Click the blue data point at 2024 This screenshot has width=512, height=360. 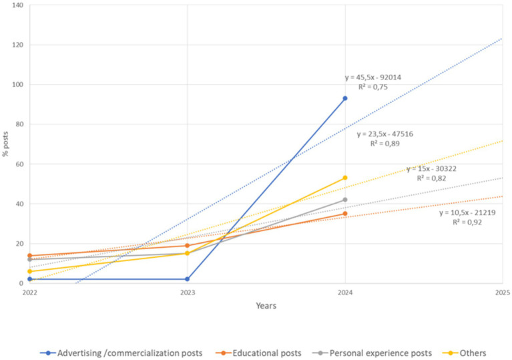[345, 98]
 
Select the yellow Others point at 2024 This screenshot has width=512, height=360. [345, 178]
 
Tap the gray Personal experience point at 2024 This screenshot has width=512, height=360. [345, 200]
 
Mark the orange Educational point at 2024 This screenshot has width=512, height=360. [345, 214]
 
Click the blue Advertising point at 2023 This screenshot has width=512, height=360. [188, 279]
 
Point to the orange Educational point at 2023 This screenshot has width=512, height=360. [188, 246]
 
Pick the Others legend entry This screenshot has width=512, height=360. [473, 353]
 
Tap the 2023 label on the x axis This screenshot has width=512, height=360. [188, 293]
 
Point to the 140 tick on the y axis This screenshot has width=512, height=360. [17, 5]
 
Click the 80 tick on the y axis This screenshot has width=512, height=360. [19, 124]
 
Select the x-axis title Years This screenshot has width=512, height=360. [265, 306]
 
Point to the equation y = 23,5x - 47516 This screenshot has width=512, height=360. [385, 134]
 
